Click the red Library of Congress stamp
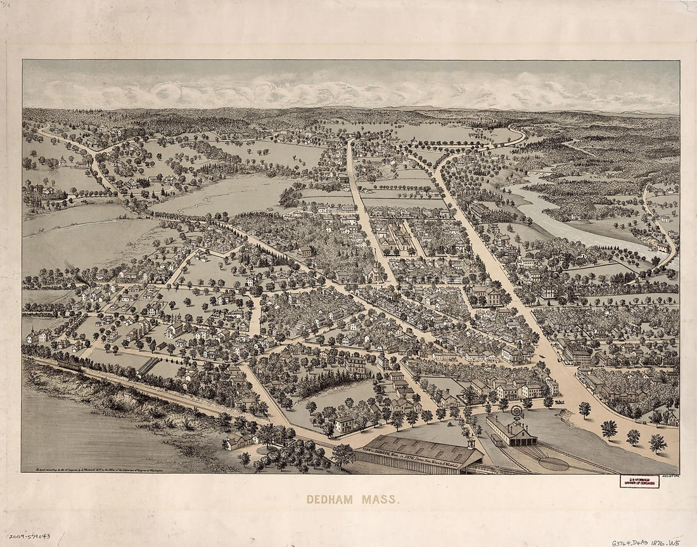pos(639,481)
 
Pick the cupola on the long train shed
pos(471,441)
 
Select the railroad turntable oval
pos(553,464)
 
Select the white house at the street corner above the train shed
pos(345,425)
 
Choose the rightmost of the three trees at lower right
pos(658,442)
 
